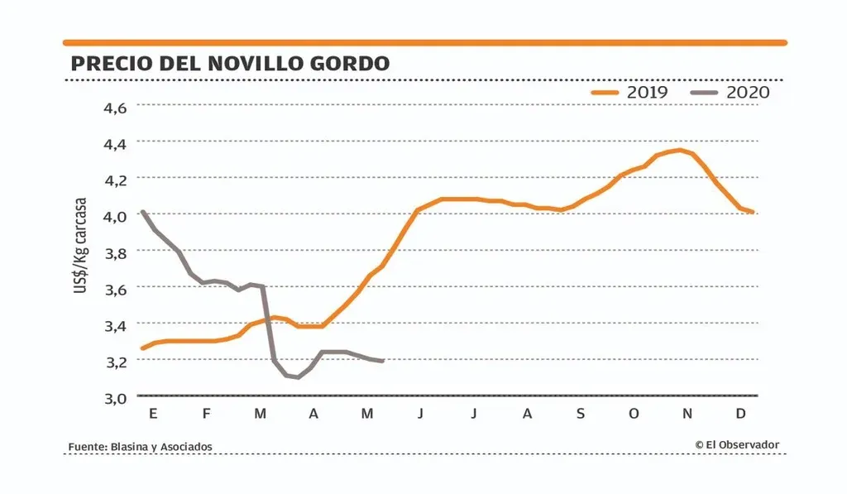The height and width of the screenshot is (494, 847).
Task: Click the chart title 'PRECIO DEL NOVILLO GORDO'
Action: [229, 64]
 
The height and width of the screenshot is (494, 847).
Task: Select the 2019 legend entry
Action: [629, 92]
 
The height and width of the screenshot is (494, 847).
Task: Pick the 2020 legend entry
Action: [729, 92]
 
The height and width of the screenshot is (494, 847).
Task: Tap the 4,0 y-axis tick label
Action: [115, 215]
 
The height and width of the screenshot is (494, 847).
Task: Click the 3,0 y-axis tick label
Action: [115, 396]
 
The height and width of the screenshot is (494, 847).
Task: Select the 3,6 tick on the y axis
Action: [115, 288]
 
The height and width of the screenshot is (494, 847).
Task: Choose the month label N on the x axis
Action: [687, 414]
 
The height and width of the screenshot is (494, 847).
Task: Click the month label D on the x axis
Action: [741, 414]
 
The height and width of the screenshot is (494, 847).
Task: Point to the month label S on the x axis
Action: [581, 414]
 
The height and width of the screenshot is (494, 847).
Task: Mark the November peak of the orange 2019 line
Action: [679, 150]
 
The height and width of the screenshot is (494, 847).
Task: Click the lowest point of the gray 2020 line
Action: [297, 377]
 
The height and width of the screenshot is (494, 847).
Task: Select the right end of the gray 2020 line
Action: [382, 361]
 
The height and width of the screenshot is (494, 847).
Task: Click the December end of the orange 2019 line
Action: [753, 213]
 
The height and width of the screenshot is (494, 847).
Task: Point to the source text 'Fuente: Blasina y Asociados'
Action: [140, 447]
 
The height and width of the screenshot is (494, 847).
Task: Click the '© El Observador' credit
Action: [737, 445]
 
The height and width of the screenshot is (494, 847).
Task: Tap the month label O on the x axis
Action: [634, 414]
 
